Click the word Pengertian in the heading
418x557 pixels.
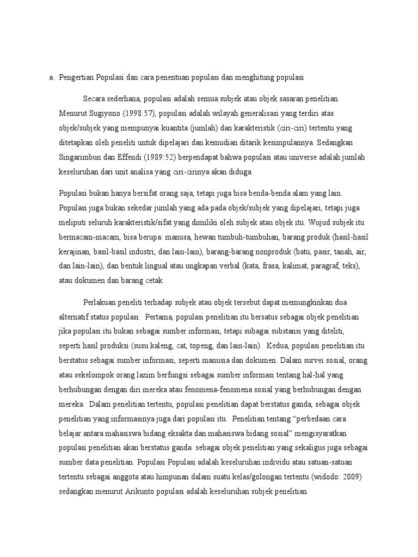click(76, 78)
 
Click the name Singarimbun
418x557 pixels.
click(80, 158)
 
